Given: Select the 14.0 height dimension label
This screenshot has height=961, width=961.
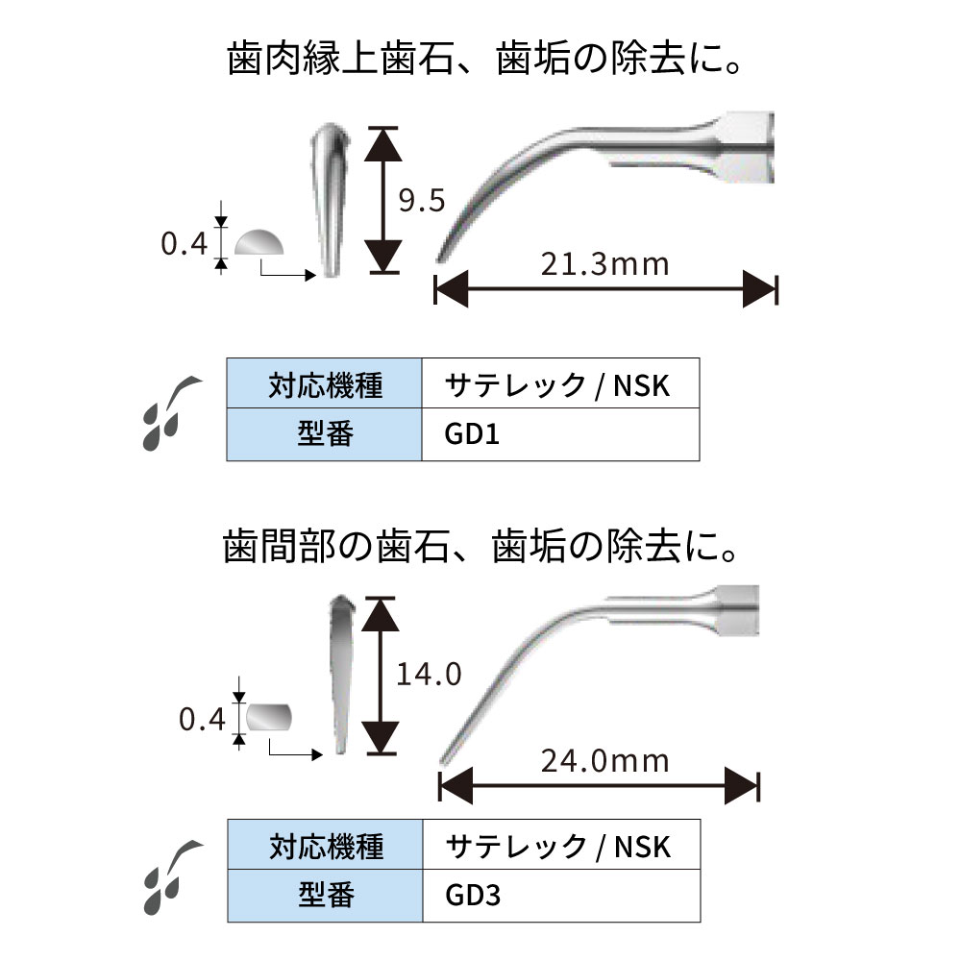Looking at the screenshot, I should click(428, 674).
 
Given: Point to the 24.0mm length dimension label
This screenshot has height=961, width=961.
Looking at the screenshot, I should click(604, 760).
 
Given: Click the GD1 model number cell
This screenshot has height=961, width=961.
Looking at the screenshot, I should click(559, 435).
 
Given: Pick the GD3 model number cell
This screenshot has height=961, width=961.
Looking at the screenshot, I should click(559, 897).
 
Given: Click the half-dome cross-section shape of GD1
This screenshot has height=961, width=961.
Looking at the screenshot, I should click(260, 243).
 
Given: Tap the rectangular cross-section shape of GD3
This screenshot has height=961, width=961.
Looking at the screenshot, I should click(269, 717).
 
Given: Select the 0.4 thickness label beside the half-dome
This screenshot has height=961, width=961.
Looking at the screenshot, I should click(184, 245).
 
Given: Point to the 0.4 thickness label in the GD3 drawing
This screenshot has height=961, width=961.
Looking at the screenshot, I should click(203, 718).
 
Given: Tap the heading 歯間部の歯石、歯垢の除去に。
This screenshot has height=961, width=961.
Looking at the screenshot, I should click(481, 551).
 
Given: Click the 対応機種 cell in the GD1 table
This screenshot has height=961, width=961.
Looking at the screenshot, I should click(325, 385).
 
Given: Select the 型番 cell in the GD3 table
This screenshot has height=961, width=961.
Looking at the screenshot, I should click(325, 897).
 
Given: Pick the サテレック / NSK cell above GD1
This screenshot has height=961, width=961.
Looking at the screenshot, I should click(559, 385).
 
